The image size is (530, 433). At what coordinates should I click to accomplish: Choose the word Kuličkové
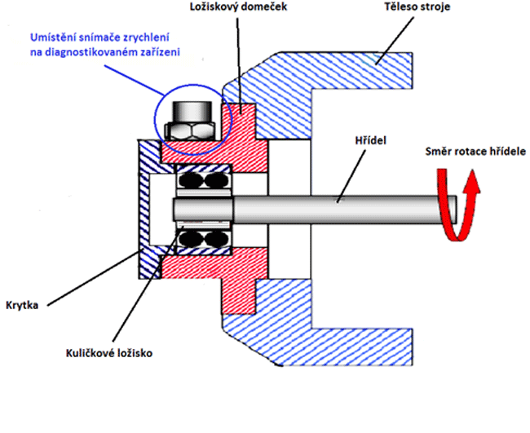(91, 355)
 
